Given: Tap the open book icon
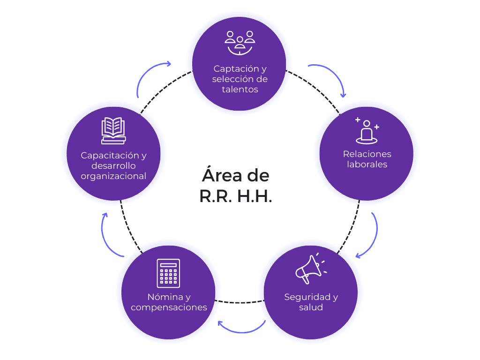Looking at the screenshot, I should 113,130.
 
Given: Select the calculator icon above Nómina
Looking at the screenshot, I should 168,273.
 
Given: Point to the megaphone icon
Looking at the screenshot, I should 310,269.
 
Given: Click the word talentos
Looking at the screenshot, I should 240,90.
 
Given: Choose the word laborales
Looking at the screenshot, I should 367,165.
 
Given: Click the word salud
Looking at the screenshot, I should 311,307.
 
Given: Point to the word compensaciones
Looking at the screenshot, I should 169,307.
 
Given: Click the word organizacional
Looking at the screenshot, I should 113,176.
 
